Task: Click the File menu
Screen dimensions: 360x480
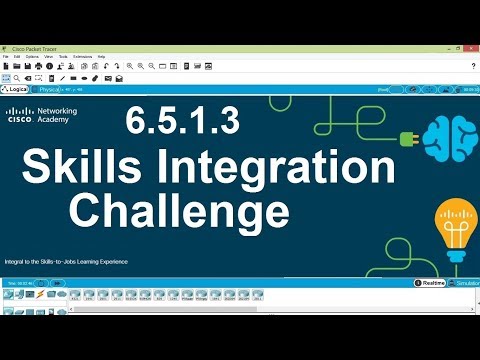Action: (x=5, y=56)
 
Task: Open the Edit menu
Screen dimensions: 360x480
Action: (x=16, y=56)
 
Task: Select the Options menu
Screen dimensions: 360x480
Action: (x=32, y=56)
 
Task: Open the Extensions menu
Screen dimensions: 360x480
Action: (x=82, y=56)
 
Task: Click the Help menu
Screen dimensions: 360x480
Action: (x=101, y=56)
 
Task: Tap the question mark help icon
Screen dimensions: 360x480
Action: (x=472, y=66)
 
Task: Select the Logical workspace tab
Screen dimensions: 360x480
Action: (x=17, y=89)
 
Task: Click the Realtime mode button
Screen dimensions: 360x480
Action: (x=432, y=283)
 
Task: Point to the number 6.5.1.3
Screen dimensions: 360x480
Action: (x=183, y=122)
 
